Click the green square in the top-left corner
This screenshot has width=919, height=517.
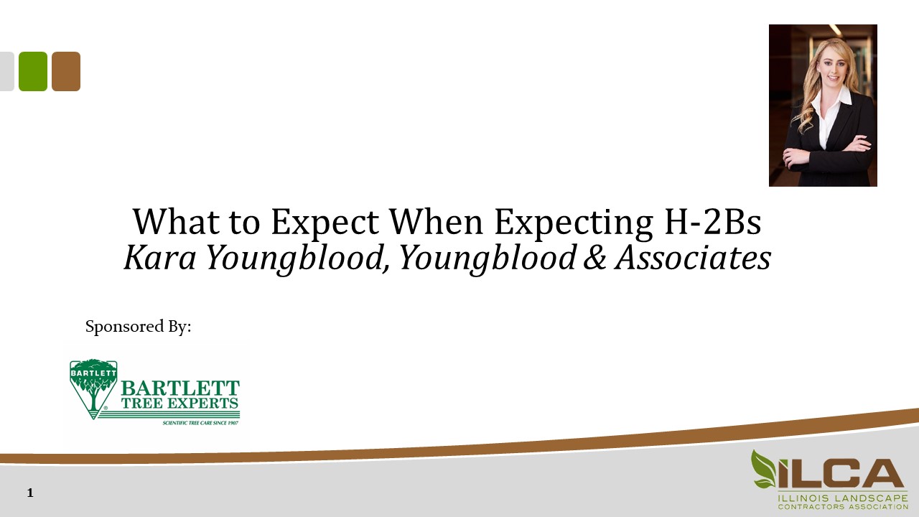click(x=33, y=71)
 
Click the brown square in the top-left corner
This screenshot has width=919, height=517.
click(x=66, y=71)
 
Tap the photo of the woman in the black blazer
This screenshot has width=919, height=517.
click(x=823, y=106)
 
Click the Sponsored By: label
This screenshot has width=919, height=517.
click(x=139, y=327)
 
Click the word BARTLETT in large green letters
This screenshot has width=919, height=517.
click(x=180, y=388)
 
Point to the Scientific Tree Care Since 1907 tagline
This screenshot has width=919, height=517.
click(x=200, y=423)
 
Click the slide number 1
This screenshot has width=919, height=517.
click(x=30, y=493)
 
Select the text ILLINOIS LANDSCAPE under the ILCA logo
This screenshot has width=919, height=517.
click(x=843, y=497)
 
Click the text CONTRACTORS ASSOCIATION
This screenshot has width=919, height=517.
click(x=843, y=506)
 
